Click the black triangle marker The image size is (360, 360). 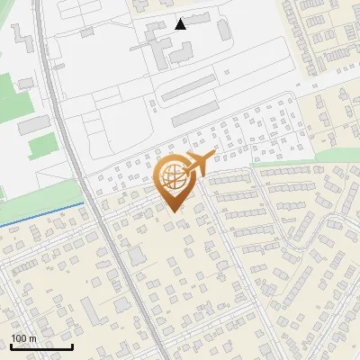[181, 23]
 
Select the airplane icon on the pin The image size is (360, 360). [197, 165]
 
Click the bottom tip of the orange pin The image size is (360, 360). [174, 212]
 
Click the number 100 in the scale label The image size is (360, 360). [19, 338]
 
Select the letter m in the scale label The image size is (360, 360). [32, 338]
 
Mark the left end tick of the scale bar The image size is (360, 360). [11, 346]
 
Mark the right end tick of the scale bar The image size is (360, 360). [72, 346]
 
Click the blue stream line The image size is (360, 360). [45, 212]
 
